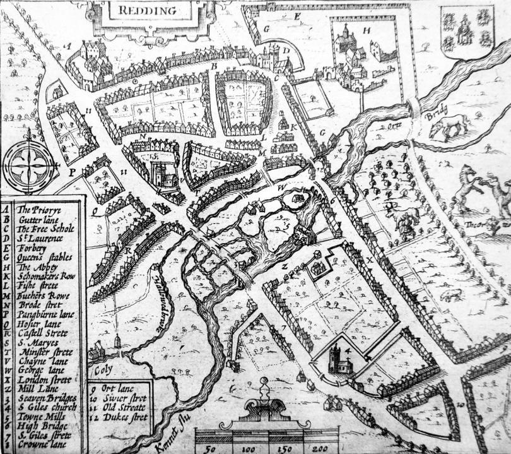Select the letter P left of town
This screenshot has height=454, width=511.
(73, 171)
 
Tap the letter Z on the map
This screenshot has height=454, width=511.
(285, 266)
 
